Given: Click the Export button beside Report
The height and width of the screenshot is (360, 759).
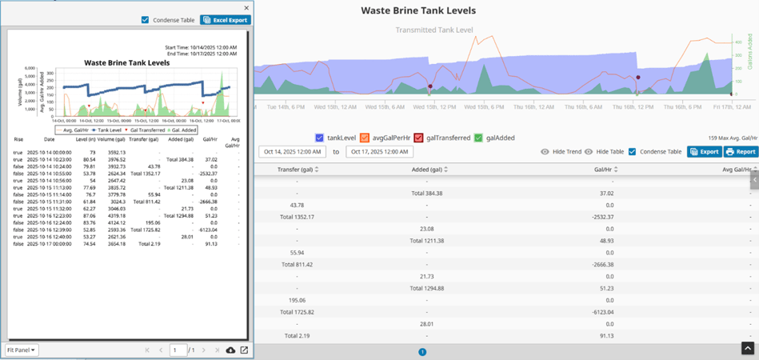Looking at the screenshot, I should click(x=705, y=151).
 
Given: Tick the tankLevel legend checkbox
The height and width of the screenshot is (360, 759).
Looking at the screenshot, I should click(x=320, y=138).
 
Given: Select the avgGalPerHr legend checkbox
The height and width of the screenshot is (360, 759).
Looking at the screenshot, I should click(x=365, y=138).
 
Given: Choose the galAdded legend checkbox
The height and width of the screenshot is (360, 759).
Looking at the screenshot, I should click(x=479, y=138).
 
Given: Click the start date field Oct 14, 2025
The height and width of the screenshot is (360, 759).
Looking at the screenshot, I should click(x=292, y=152).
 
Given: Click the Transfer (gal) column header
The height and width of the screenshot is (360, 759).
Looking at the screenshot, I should click(x=297, y=170).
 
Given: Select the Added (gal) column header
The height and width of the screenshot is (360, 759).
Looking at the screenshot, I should click(x=428, y=170).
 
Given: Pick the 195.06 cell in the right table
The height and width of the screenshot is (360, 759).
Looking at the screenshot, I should click(x=297, y=300).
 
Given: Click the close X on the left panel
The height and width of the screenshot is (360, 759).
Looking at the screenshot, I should click(x=246, y=8).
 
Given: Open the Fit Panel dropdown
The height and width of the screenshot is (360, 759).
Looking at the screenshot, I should click(x=22, y=350).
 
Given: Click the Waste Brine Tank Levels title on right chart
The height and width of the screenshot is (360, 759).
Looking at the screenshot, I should click(x=418, y=11).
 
